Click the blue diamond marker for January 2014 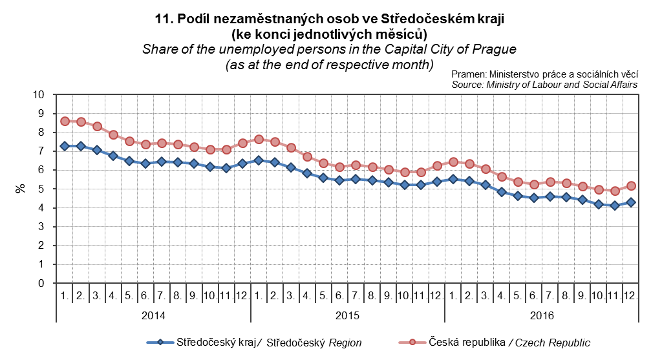[65, 146]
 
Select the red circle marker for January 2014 [65, 121]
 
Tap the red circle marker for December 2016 [632, 186]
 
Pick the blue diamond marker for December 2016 [632, 202]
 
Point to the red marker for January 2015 [259, 139]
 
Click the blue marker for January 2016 [453, 179]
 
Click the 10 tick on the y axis [39, 94]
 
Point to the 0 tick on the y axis [41, 283]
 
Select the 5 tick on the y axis [41, 189]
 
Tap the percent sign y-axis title [20, 189]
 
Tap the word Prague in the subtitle [496, 49]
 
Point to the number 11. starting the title [164, 19]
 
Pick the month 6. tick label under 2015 [339, 295]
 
